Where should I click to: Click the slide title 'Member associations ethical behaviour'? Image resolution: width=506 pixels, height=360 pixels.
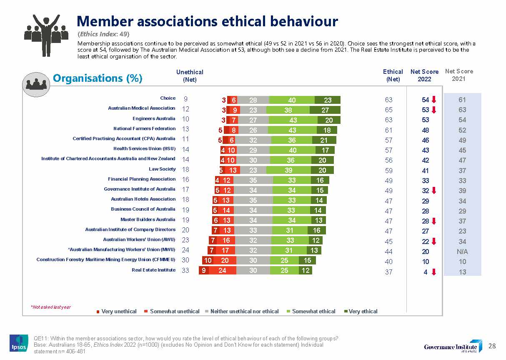pos(207,21)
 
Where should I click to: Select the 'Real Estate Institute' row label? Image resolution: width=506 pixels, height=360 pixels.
pos(153,270)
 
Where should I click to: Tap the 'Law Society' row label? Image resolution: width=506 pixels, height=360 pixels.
pos(162,169)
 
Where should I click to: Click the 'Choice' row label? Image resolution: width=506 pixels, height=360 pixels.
pos(168,98)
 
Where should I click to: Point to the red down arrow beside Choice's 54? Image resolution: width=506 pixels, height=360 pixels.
pos(434,100)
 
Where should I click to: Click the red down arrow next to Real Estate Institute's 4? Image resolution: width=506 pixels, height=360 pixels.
pos(434,272)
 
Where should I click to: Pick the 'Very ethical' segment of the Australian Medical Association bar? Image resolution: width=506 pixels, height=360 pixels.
pos(325,110)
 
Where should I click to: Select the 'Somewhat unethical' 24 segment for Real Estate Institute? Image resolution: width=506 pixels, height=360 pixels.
pos(222,270)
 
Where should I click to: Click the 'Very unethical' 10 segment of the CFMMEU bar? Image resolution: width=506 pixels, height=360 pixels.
pos(207,260)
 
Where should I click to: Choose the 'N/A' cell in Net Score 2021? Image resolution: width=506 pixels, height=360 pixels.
pos(462,252)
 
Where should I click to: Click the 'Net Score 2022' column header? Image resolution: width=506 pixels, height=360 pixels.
pos(424,75)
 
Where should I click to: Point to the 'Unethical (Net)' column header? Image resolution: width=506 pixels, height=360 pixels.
pos(190,76)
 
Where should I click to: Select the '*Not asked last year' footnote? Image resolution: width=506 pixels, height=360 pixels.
pos(50,307)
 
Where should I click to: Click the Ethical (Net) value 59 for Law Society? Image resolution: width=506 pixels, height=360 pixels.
pos(388,170)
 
